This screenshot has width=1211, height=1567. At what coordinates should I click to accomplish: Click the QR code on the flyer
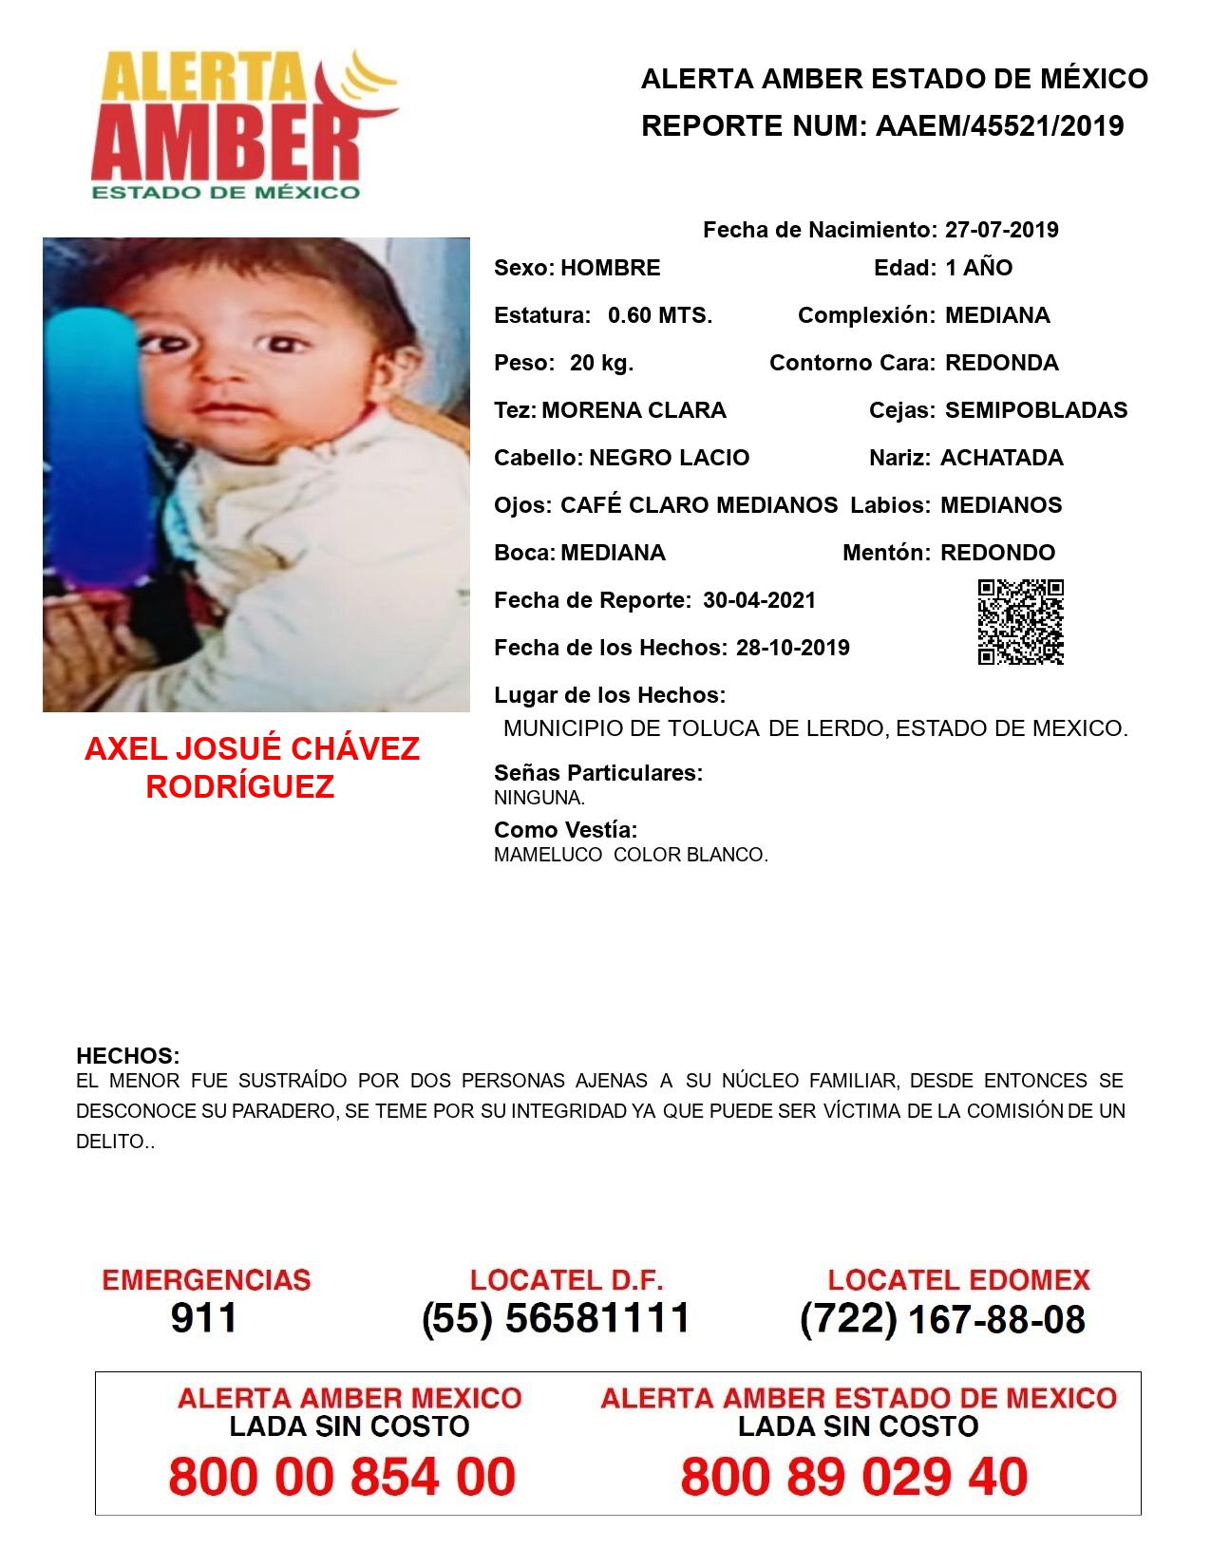[x=1020, y=622]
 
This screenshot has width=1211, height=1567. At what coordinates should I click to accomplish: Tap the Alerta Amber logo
[x=242, y=123]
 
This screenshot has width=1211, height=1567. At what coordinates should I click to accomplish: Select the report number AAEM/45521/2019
[x=999, y=125]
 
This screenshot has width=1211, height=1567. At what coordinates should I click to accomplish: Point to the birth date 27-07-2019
[x=1001, y=230]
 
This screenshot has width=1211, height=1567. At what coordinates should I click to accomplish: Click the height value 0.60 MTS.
[x=659, y=315]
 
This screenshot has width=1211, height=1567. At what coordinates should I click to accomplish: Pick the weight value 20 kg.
[x=601, y=363]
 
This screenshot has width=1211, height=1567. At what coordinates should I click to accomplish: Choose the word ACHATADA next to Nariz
[x=1001, y=458]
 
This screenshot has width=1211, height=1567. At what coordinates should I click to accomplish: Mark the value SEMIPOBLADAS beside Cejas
[x=1035, y=410]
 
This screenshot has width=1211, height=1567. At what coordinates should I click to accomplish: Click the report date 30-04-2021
[x=759, y=600]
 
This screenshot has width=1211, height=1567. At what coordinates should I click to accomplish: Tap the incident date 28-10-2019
[x=792, y=648]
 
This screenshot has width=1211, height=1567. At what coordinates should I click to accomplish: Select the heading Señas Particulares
[x=598, y=773]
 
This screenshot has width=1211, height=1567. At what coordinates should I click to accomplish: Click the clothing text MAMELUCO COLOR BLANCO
[x=631, y=855]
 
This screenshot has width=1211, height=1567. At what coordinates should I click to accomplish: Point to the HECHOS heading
[x=127, y=1056]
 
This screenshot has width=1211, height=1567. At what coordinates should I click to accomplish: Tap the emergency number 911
[x=203, y=1318]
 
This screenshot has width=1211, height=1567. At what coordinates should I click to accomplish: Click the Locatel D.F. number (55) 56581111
[x=556, y=1318]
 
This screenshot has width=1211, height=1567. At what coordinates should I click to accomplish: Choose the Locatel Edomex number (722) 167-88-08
[x=942, y=1318]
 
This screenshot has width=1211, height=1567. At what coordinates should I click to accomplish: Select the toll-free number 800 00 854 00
[x=342, y=1477]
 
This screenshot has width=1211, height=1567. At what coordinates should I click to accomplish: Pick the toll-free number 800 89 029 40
[x=854, y=1477]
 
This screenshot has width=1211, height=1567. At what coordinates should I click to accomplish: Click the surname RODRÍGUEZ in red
[x=240, y=787]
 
